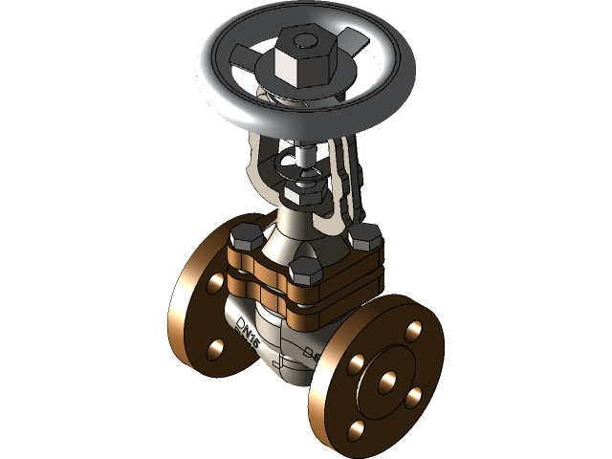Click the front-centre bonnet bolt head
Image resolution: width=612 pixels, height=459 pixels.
(x=305, y=269)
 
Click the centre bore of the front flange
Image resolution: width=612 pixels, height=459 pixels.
(x=387, y=381)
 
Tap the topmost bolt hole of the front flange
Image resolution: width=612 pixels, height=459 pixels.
(x=414, y=331)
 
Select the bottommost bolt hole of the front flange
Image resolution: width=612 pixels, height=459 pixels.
(x=358, y=430)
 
